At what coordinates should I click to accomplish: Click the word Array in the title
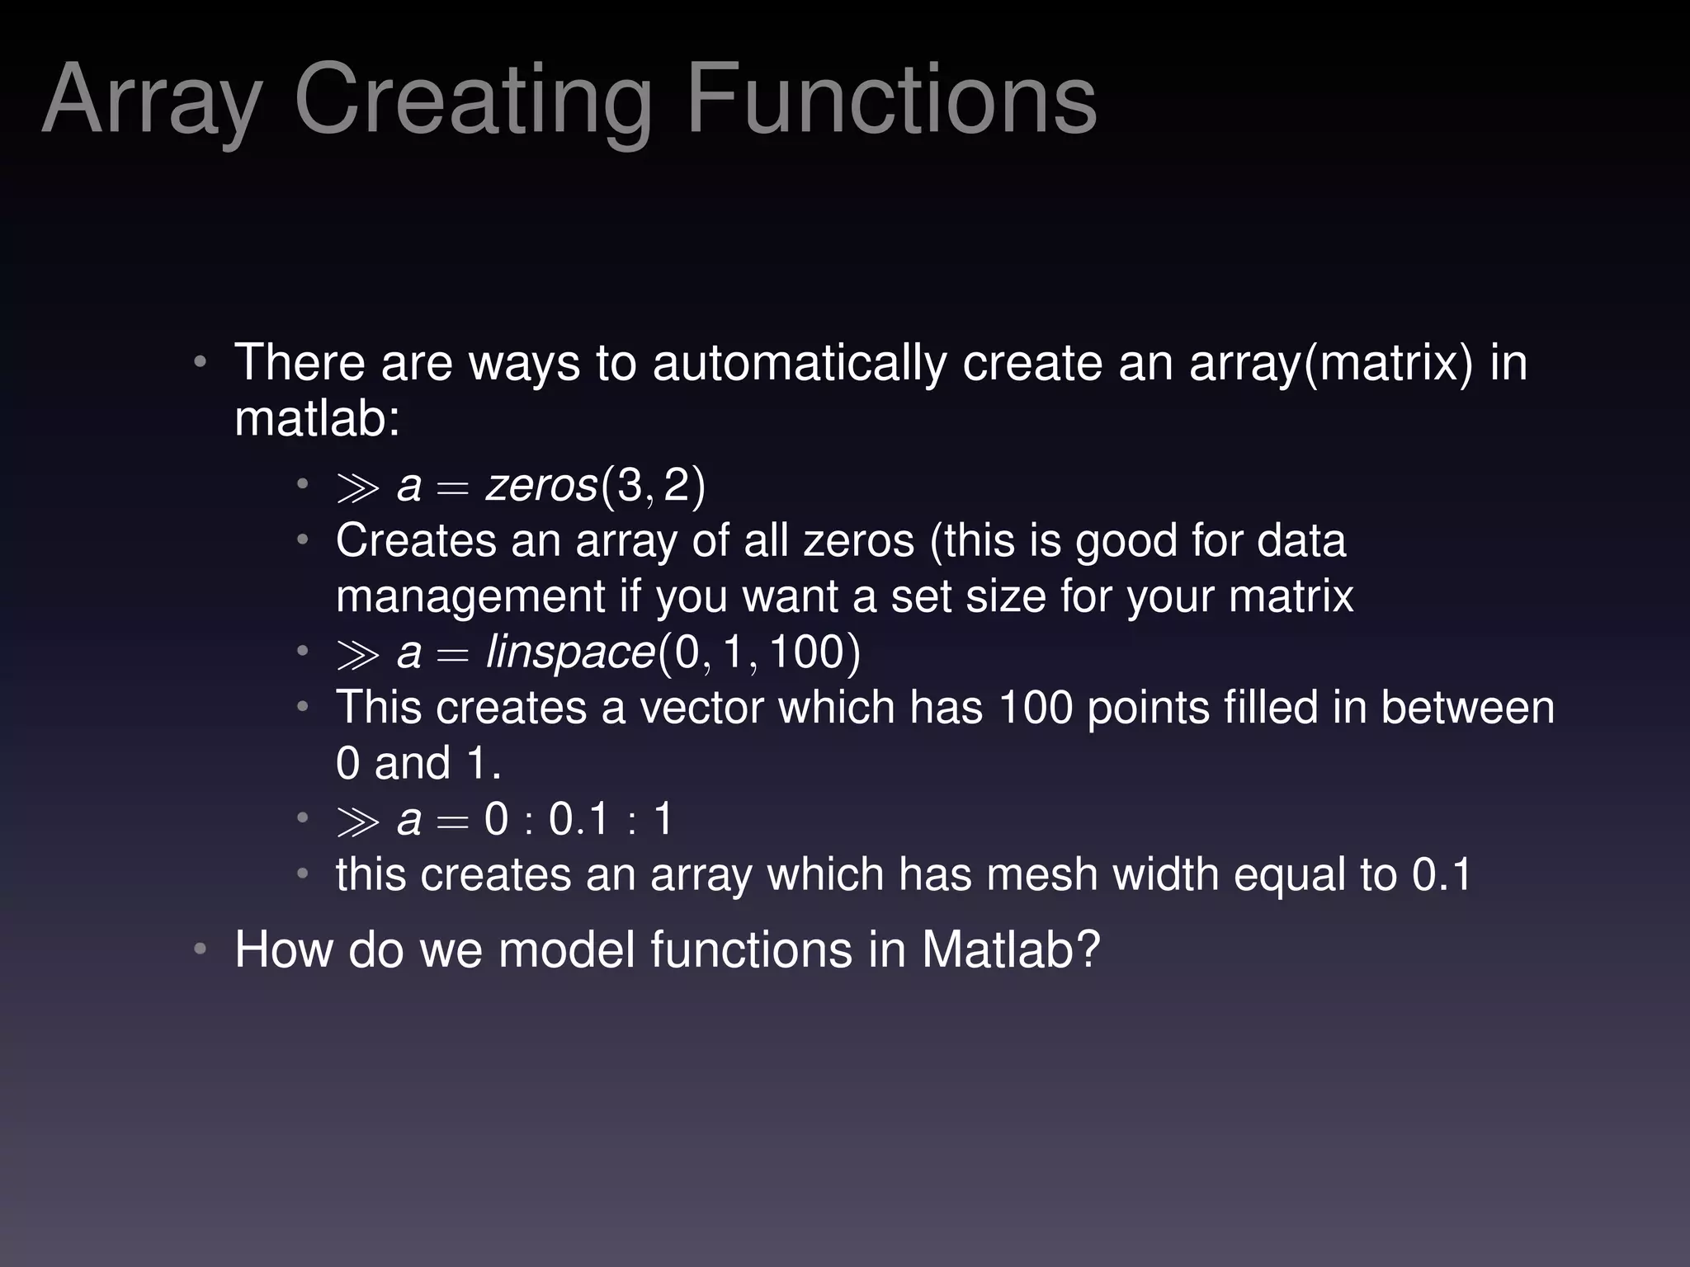[x=153, y=101]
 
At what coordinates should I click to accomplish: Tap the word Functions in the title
[x=891, y=101]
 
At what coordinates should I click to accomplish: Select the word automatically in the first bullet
[x=799, y=363]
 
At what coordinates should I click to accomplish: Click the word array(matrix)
[x=1330, y=363]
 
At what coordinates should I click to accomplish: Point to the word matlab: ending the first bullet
[x=317, y=418]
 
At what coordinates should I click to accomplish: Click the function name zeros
[x=541, y=485]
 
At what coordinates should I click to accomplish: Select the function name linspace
[x=570, y=652]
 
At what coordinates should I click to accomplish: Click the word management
[x=470, y=596]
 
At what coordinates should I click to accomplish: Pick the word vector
[x=701, y=708]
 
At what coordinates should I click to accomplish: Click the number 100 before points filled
[x=1035, y=708]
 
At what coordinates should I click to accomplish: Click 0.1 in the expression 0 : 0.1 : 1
[x=578, y=820]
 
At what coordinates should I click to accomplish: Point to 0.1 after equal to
[x=1441, y=874]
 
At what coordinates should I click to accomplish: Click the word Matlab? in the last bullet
[x=1011, y=949]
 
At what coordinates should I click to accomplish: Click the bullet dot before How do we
[x=200, y=949]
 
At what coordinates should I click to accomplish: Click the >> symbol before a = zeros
[x=357, y=488]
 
